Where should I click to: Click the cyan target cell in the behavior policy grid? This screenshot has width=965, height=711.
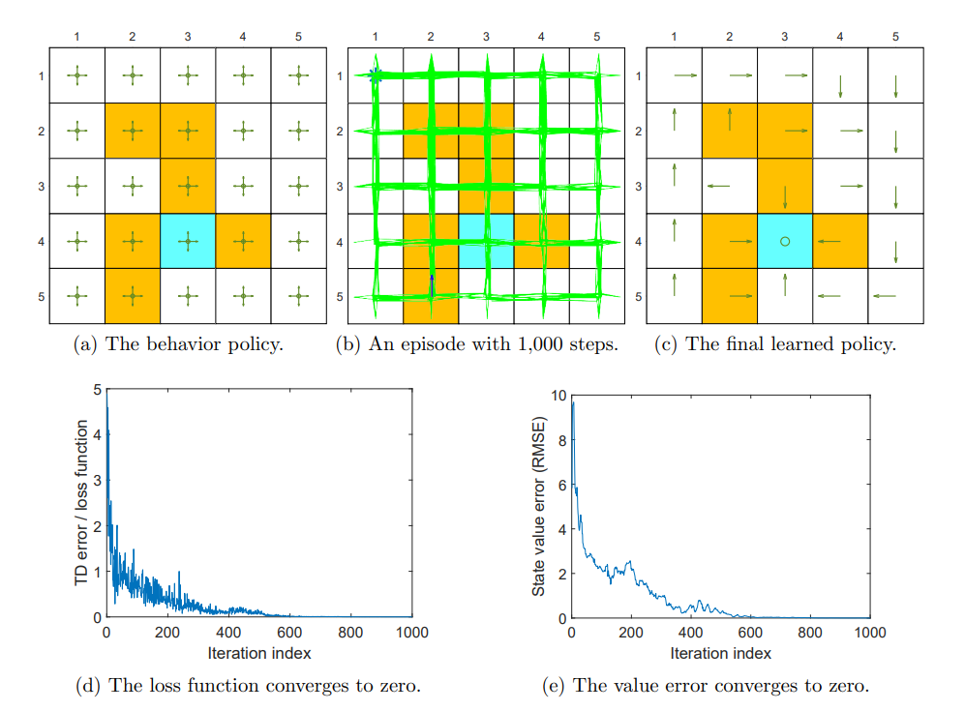[188, 240]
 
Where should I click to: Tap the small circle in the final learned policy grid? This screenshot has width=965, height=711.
[785, 241]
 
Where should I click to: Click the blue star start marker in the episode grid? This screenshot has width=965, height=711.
[376, 75]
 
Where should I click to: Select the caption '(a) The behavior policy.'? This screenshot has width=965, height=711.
[178, 344]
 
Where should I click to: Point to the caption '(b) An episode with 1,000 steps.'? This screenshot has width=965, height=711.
[476, 344]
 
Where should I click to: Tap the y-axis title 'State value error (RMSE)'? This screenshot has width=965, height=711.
[539, 504]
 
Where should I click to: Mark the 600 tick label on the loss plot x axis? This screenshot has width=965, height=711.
[290, 635]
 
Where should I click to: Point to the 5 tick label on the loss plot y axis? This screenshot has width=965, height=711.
[96, 390]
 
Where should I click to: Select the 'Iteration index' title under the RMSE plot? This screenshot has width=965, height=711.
[720, 653]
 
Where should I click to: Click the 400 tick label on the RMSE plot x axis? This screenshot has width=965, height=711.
[690, 635]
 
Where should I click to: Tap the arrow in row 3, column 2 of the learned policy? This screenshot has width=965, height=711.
[717, 186]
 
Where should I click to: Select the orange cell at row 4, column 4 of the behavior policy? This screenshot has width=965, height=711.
[243, 240]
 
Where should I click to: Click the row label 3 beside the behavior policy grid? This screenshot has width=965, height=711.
[42, 185]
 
